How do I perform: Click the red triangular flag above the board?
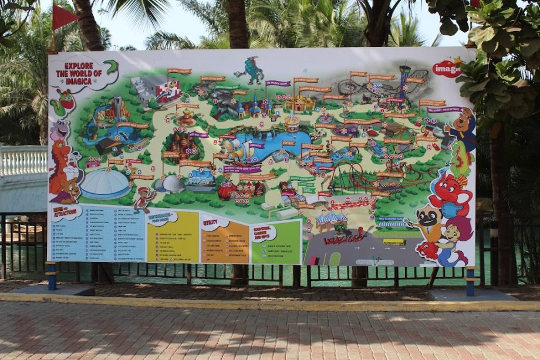(64, 17)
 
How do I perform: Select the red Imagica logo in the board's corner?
(447, 68)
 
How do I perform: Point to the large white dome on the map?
(105, 184)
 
